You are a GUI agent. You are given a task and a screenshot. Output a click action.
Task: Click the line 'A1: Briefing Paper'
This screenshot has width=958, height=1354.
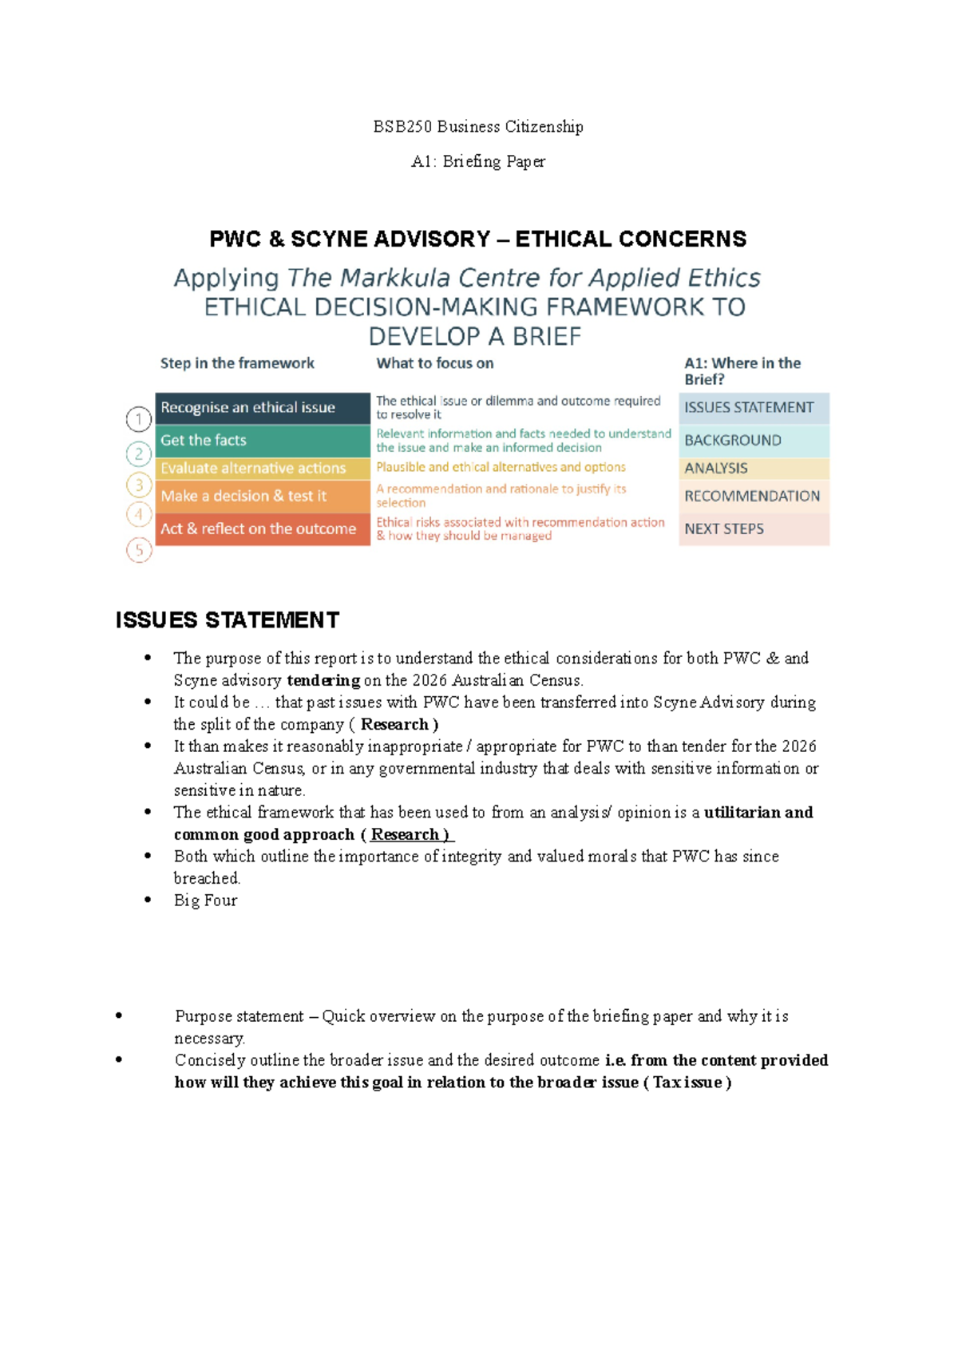[x=478, y=161]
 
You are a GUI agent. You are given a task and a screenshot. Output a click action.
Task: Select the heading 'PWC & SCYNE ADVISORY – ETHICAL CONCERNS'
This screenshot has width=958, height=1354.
[x=477, y=239]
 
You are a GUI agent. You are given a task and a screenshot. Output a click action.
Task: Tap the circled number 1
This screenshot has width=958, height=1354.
[x=139, y=419]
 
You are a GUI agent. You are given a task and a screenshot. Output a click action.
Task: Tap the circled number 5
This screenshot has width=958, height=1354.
[x=139, y=550]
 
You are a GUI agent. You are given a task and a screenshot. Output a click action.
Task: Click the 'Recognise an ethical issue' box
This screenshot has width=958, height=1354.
[x=262, y=408]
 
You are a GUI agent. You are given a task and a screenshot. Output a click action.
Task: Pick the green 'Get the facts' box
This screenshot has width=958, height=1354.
[x=262, y=441]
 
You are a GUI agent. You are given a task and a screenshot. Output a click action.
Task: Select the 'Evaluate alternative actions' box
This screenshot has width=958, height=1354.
[x=262, y=469]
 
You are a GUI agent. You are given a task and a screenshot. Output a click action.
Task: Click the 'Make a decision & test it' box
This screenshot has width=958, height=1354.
[x=262, y=496]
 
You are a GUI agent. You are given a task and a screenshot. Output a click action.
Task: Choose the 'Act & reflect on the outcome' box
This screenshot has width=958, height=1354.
[x=262, y=529]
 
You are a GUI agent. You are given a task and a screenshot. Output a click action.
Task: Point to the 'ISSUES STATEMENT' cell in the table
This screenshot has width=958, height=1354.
[x=753, y=408]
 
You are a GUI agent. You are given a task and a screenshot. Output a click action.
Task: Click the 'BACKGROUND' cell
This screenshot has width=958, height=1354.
[x=753, y=441]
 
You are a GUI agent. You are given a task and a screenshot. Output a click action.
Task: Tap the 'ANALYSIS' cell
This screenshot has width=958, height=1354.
[x=753, y=469]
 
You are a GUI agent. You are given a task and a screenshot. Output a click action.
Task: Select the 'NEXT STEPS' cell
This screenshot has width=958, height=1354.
[x=753, y=529]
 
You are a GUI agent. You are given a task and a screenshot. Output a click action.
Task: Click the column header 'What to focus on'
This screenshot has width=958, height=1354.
[x=435, y=363]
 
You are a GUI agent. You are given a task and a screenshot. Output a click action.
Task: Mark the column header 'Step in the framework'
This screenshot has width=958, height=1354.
[x=237, y=363]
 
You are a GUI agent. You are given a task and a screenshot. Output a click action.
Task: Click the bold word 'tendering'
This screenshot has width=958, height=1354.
[x=323, y=681]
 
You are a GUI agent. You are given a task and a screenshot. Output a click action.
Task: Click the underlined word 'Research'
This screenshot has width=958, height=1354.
[x=406, y=835]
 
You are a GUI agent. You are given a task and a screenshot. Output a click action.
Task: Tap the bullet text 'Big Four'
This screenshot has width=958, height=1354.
[x=205, y=901]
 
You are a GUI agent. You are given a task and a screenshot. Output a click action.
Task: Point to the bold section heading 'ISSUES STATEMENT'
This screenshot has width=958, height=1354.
[x=228, y=620]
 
